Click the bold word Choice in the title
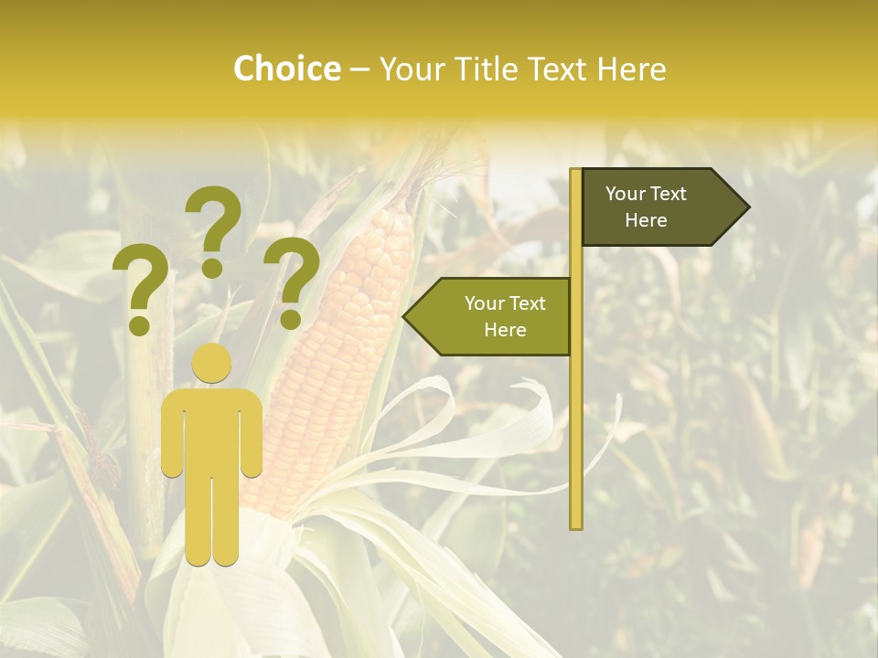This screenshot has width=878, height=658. (x=286, y=69)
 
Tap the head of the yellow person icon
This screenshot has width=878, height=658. (x=212, y=363)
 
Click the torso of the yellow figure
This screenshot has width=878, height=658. (x=212, y=430)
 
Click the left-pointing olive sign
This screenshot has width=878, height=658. (x=494, y=316)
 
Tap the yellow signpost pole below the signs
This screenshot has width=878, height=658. (x=575, y=439)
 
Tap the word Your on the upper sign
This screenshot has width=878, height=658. (x=625, y=194)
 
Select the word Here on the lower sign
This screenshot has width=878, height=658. (x=505, y=330)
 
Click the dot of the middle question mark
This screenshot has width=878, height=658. (x=212, y=268)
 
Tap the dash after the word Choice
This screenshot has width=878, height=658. (x=359, y=69)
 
